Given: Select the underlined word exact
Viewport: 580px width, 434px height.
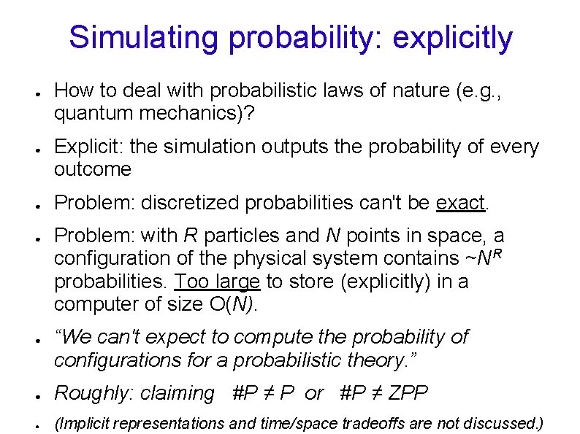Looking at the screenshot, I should (460, 203).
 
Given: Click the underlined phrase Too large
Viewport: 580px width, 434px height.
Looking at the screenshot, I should (218, 281).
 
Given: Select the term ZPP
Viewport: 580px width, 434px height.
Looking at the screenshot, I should (408, 394).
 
